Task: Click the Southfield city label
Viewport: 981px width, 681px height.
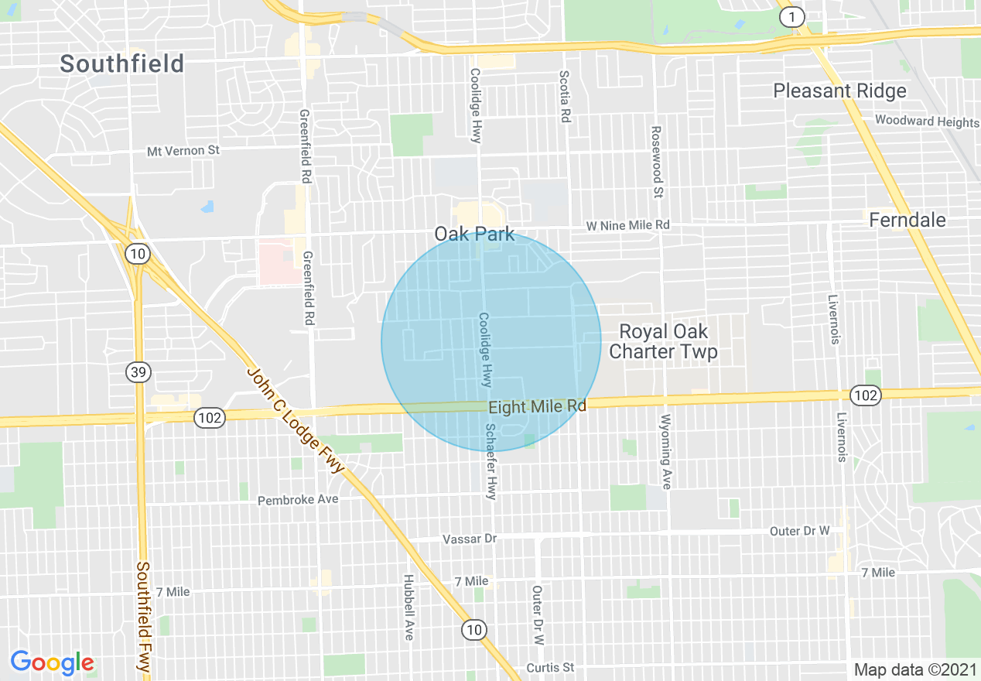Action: tap(122, 63)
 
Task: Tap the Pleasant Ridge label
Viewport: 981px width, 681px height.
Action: tap(839, 91)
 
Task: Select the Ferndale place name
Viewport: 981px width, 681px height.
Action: tap(908, 221)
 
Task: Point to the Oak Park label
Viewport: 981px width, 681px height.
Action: tap(474, 234)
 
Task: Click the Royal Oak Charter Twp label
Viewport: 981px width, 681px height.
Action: tap(663, 342)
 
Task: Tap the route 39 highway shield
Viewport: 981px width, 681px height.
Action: tap(138, 373)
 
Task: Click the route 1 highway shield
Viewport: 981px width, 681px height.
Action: tap(791, 17)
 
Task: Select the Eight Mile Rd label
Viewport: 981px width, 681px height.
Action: tap(537, 406)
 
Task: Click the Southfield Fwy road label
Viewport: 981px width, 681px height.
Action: tap(143, 616)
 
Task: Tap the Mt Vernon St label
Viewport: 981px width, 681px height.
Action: tap(183, 151)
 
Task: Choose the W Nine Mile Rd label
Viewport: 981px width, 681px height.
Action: tap(627, 225)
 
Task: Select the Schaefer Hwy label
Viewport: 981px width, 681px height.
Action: tap(490, 461)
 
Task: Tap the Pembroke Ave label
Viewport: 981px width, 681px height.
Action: tap(298, 499)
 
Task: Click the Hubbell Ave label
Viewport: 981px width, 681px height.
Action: tap(408, 607)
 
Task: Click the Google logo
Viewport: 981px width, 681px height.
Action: tap(52, 662)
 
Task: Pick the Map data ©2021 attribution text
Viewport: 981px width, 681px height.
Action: tap(914, 669)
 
